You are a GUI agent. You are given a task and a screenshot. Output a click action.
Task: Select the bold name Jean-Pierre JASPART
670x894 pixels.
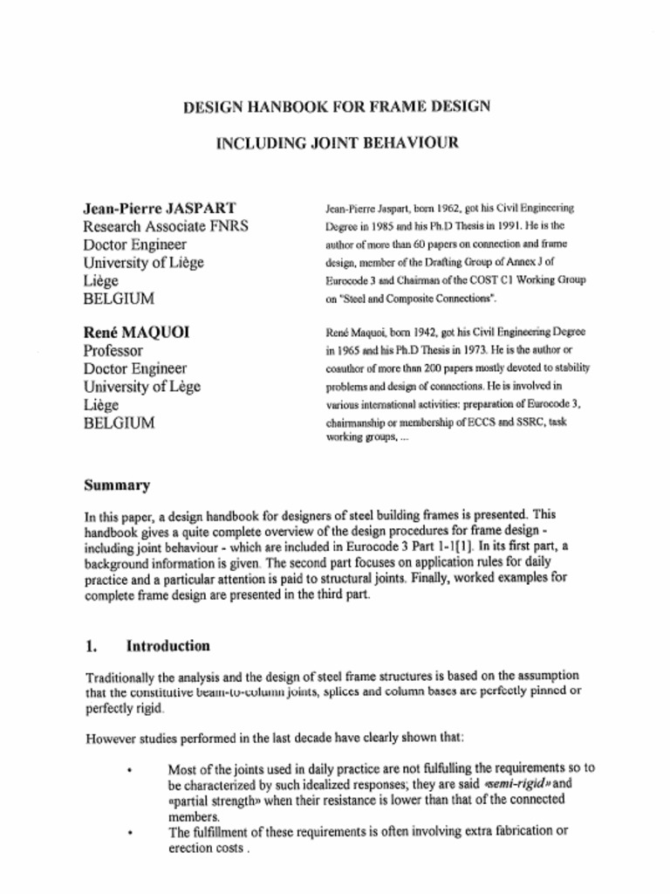[159, 208]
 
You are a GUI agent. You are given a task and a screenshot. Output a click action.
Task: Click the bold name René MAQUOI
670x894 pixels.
[136, 332]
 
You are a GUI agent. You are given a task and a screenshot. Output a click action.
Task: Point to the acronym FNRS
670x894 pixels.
[229, 226]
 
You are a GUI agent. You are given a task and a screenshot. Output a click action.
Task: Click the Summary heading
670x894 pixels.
[117, 485]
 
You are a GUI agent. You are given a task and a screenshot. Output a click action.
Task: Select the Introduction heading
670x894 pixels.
[167, 646]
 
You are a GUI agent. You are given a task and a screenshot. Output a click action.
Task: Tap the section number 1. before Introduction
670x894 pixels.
[91, 646]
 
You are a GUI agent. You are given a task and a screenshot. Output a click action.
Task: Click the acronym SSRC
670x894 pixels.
[509, 422]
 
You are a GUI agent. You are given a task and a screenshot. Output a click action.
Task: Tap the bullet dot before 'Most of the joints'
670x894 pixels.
[129, 770]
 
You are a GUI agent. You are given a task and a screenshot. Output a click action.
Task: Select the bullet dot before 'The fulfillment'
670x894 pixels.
[129, 833]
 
